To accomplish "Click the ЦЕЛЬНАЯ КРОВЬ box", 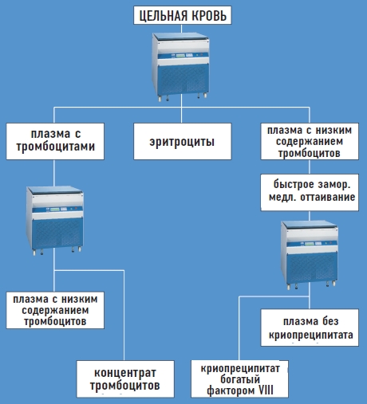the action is [183, 15].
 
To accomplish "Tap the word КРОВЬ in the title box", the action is [209, 16].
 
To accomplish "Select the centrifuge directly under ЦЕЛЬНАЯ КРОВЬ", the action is [181, 67].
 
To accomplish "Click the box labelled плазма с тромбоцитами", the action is [55, 141].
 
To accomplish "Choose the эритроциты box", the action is [183, 141].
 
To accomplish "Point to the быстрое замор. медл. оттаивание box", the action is [310, 192].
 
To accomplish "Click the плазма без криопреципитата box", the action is [310, 328].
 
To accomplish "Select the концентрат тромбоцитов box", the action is [125, 379].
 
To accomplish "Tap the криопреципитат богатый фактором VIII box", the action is [239, 379].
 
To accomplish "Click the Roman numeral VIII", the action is [266, 390].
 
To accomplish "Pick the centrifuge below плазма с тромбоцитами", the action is [55, 221].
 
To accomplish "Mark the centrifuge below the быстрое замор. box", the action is [310, 255].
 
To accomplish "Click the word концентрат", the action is [125, 373].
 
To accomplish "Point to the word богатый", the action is [240, 379].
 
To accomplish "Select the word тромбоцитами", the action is [56, 147].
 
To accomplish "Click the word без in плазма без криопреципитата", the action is [330, 321].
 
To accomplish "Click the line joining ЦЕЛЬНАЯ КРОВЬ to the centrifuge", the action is [181, 29].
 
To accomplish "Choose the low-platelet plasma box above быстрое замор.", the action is [310, 141].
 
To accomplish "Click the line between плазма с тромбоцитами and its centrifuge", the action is [54, 173].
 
